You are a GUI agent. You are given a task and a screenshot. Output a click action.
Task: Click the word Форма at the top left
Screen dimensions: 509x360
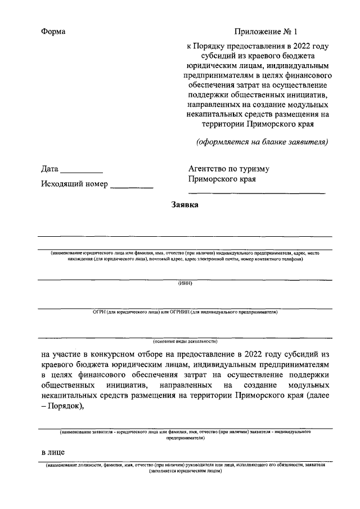53,31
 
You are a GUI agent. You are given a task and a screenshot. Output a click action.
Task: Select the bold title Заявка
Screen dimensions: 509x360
184,205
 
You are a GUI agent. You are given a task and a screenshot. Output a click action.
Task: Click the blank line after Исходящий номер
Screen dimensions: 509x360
132,186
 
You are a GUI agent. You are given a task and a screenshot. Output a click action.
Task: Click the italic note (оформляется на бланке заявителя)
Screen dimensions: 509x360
262,142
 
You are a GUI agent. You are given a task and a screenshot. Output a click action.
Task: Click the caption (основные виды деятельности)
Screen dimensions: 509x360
185,341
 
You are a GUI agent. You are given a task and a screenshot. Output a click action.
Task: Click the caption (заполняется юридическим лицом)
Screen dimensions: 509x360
185,471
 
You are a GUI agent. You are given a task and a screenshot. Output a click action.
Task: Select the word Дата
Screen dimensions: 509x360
49,169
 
